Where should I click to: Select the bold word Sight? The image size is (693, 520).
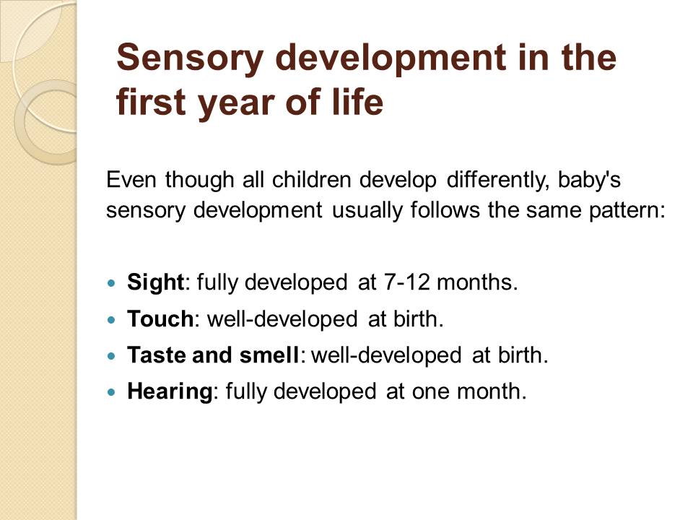(x=155, y=282)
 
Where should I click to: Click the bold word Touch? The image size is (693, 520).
(x=160, y=318)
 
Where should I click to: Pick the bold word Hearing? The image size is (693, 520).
(x=170, y=391)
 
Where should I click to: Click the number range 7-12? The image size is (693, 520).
(x=407, y=282)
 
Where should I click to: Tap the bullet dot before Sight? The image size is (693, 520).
(x=111, y=282)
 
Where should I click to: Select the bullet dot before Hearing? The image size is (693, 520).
(x=111, y=391)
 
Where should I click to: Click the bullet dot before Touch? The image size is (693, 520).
(x=111, y=318)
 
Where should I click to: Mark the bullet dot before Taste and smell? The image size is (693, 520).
(x=111, y=355)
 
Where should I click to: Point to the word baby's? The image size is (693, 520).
(x=589, y=181)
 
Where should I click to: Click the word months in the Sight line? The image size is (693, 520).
(x=477, y=282)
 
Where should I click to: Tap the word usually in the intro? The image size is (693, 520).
(x=367, y=210)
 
